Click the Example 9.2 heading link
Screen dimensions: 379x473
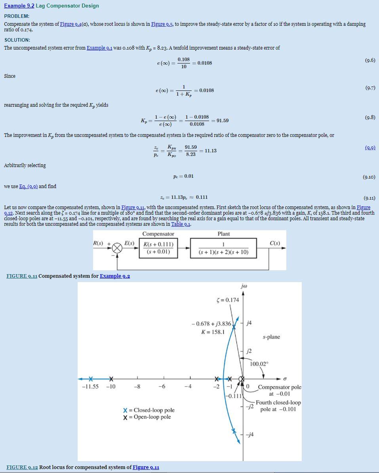pyautogui.click(x=19, y=6)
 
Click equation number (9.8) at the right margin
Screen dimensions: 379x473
pyautogui.click(x=370, y=117)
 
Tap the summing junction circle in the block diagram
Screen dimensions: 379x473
pyautogui.click(x=117, y=248)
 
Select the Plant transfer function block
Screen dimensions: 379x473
pyautogui.click(x=223, y=248)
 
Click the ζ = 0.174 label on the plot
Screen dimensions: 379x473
pyautogui.click(x=228, y=300)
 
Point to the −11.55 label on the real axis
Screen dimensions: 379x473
pyautogui.click(x=90, y=387)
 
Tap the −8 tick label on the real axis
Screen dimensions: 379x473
pyautogui.click(x=137, y=387)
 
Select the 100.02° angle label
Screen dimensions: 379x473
pyautogui.click(x=259, y=364)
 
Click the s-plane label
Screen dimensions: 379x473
pyautogui.click(x=271, y=337)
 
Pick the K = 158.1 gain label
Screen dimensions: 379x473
pyautogui.click(x=213, y=332)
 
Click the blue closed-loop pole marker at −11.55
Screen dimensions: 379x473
pyautogui.click(x=91, y=379)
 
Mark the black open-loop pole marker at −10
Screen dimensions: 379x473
pyautogui.click(x=111, y=379)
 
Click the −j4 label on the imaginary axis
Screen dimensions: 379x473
pyautogui.click(x=250, y=435)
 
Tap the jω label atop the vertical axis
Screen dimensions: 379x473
pyautogui.click(x=243, y=286)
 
